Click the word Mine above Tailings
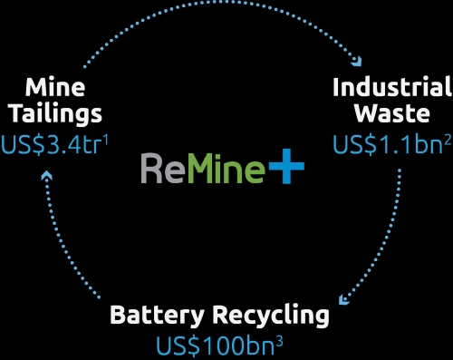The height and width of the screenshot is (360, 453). [55, 88]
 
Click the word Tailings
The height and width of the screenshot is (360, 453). [56, 115]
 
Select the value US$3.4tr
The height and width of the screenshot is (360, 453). [52, 145]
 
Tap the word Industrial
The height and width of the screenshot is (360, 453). [392, 87]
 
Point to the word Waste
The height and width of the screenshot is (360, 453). [392, 113]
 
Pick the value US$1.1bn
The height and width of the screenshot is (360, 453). [388, 144]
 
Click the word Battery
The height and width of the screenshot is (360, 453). [157, 316]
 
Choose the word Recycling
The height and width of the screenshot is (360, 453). [271, 316]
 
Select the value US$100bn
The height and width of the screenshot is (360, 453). [215, 345]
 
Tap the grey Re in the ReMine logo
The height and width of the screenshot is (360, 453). [163, 169]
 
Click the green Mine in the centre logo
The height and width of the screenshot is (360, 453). [226, 169]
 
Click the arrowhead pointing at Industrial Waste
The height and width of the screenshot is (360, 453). [357, 61]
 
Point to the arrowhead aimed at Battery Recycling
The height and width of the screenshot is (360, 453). [343, 299]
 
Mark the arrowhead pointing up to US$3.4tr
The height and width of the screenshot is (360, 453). [47, 175]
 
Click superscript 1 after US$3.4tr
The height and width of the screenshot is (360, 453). [105, 140]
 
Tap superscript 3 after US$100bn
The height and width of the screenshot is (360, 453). [279, 341]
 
